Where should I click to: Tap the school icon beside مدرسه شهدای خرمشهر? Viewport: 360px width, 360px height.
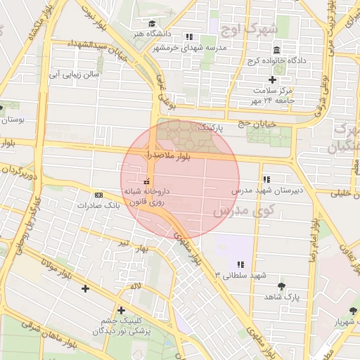point(188,37)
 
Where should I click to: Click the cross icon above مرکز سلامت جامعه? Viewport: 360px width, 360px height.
point(272,80)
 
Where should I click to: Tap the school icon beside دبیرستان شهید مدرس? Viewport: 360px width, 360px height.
point(266,179)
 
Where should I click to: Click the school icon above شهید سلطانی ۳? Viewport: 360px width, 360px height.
point(240,264)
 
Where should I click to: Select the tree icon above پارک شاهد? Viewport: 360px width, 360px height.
point(282,286)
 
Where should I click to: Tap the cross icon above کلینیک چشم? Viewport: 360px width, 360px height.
point(121,310)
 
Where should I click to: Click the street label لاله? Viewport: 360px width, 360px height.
point(135,286)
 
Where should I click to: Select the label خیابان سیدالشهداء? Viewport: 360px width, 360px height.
point(99,51)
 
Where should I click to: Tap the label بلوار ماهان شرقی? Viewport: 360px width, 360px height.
point(49,335)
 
